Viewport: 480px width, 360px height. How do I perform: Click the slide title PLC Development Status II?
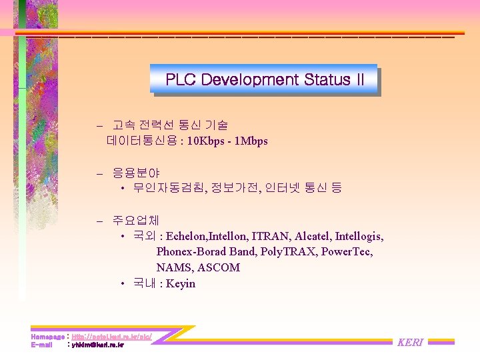click(x=265, y=80)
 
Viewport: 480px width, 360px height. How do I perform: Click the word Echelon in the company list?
click(x=187, y=236)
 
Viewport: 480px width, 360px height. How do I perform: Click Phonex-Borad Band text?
click(x=206, y=251)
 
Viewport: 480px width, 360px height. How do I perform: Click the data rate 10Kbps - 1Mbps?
click(x=227, y=141)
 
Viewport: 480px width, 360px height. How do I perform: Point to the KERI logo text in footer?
click(x=410, y=342)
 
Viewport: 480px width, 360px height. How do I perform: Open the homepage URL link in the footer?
click(x=111, y=337)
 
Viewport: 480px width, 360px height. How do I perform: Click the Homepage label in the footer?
click(x=47, y=337)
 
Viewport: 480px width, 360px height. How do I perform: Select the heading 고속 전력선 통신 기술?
click(x=169, y=125)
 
